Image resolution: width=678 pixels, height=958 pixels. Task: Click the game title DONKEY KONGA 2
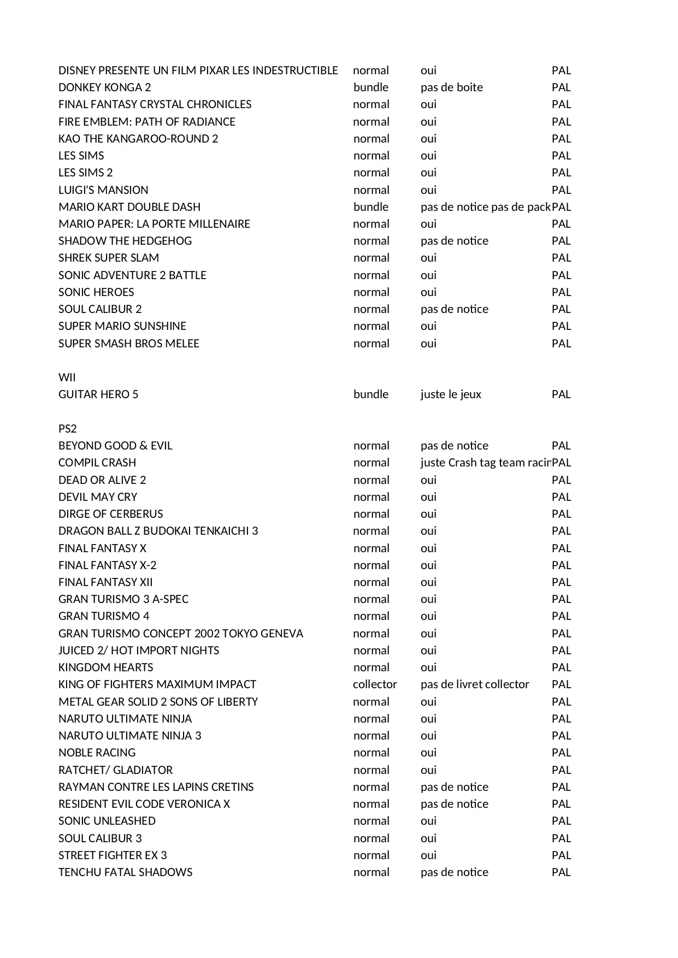point(104,87)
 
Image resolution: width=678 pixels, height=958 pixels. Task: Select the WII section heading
point(67,377)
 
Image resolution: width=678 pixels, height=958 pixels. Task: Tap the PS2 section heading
point(67,428)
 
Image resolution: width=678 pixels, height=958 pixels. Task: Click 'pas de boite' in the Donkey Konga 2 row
point(451,87)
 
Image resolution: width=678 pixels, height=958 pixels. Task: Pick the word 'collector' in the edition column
point(375,684)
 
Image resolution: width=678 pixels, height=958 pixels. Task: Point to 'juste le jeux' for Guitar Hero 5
point(451,394)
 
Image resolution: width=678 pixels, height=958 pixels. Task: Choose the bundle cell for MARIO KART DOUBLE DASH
point(371,207)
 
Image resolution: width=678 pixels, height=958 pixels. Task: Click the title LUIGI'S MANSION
point(103,190)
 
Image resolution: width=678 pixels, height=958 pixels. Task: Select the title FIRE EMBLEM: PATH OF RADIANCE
point(146,122)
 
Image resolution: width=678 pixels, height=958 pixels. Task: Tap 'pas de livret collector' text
point(475,684)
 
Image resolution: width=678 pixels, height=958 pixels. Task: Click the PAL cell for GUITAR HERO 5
point(561,394)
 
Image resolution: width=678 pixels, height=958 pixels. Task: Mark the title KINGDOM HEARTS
point(105,667)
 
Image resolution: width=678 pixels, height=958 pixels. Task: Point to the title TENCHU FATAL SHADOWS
point(125,872)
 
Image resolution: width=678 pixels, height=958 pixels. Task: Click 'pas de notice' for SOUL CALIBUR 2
point(454,309)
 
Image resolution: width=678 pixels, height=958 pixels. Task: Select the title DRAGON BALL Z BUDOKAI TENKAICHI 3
point(158,531)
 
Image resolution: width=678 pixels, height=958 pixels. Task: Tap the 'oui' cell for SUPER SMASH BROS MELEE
point(428,344)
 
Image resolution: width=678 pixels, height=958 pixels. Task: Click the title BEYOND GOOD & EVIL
point(115,446)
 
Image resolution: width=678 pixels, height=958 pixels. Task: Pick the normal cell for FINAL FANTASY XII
point(371,582)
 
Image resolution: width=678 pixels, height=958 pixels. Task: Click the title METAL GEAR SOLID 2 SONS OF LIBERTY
point(158,702)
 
